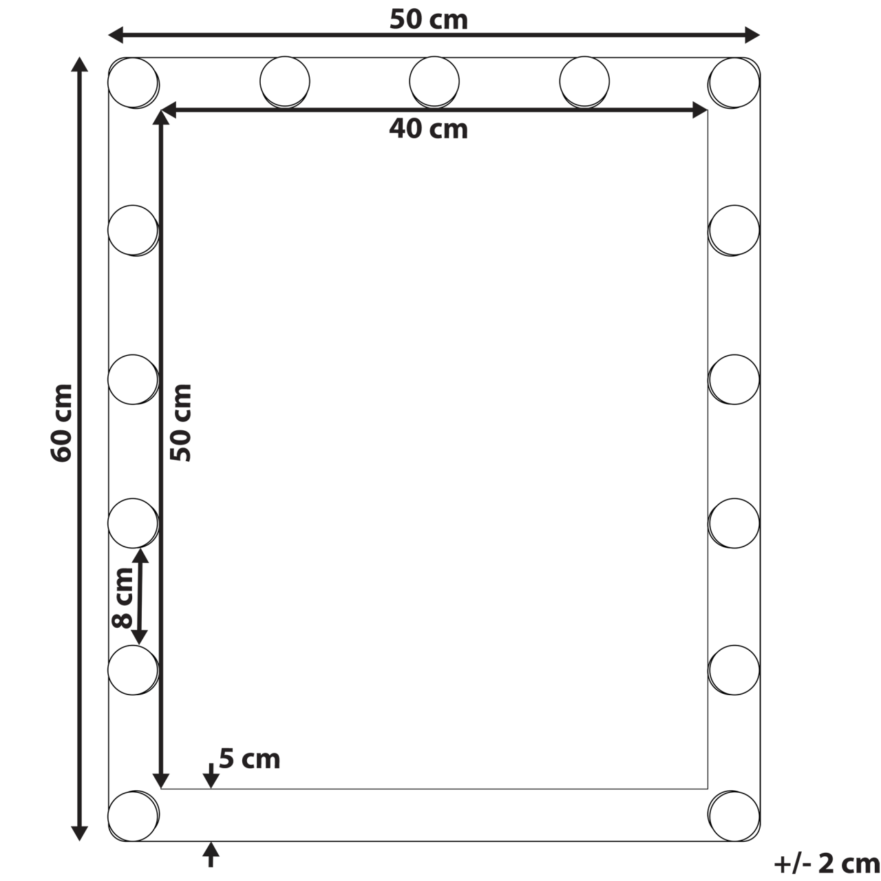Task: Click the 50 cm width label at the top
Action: [x=428, y=20]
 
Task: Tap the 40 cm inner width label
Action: [x=428, y=129]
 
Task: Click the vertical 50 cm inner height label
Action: [x=182, y=422]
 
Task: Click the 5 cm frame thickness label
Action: [x=249, y=759]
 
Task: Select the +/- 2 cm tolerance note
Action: [x=826, y=862]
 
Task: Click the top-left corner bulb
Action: [x=133, y=82]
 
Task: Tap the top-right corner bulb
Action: [x=734, y=82]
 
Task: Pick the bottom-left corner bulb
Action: [x=133, y=816]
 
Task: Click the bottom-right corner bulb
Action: [x=734, y=816]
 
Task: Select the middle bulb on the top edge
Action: [x=434, y=81]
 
